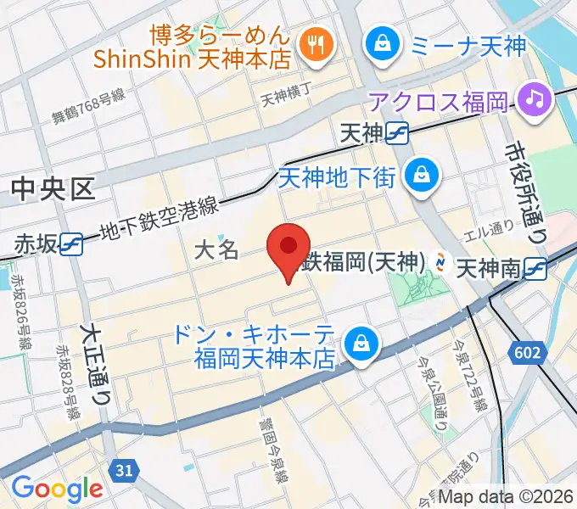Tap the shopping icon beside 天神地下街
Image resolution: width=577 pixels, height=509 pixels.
[420, 176]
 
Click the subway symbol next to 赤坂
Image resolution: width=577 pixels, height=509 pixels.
[71, 243]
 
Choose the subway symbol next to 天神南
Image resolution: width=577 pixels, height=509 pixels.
[535, 270]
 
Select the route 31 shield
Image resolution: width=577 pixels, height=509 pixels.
[126, 468]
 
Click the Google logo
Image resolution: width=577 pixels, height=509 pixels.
[57, 488]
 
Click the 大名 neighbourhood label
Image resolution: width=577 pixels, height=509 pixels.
[216, 249]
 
